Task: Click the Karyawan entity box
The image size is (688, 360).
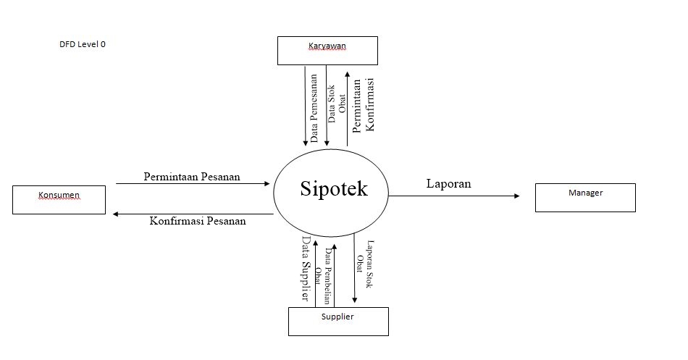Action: coord(328,51)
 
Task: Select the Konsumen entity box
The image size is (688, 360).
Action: coord(59,199)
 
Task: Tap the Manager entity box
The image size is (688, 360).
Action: coord(585,197)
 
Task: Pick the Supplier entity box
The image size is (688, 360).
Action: coord(338,321)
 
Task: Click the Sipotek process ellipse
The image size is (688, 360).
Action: coord(332,190)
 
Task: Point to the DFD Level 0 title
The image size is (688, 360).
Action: coord(83,44)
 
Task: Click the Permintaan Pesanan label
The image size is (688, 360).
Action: coord(192,177)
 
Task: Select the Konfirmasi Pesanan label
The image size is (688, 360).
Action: coord(198,222)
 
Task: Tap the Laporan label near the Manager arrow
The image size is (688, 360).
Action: coord(449,184)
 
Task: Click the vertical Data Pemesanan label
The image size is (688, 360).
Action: coord(314,107)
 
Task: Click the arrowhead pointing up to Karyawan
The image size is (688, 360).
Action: coord(348,74)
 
